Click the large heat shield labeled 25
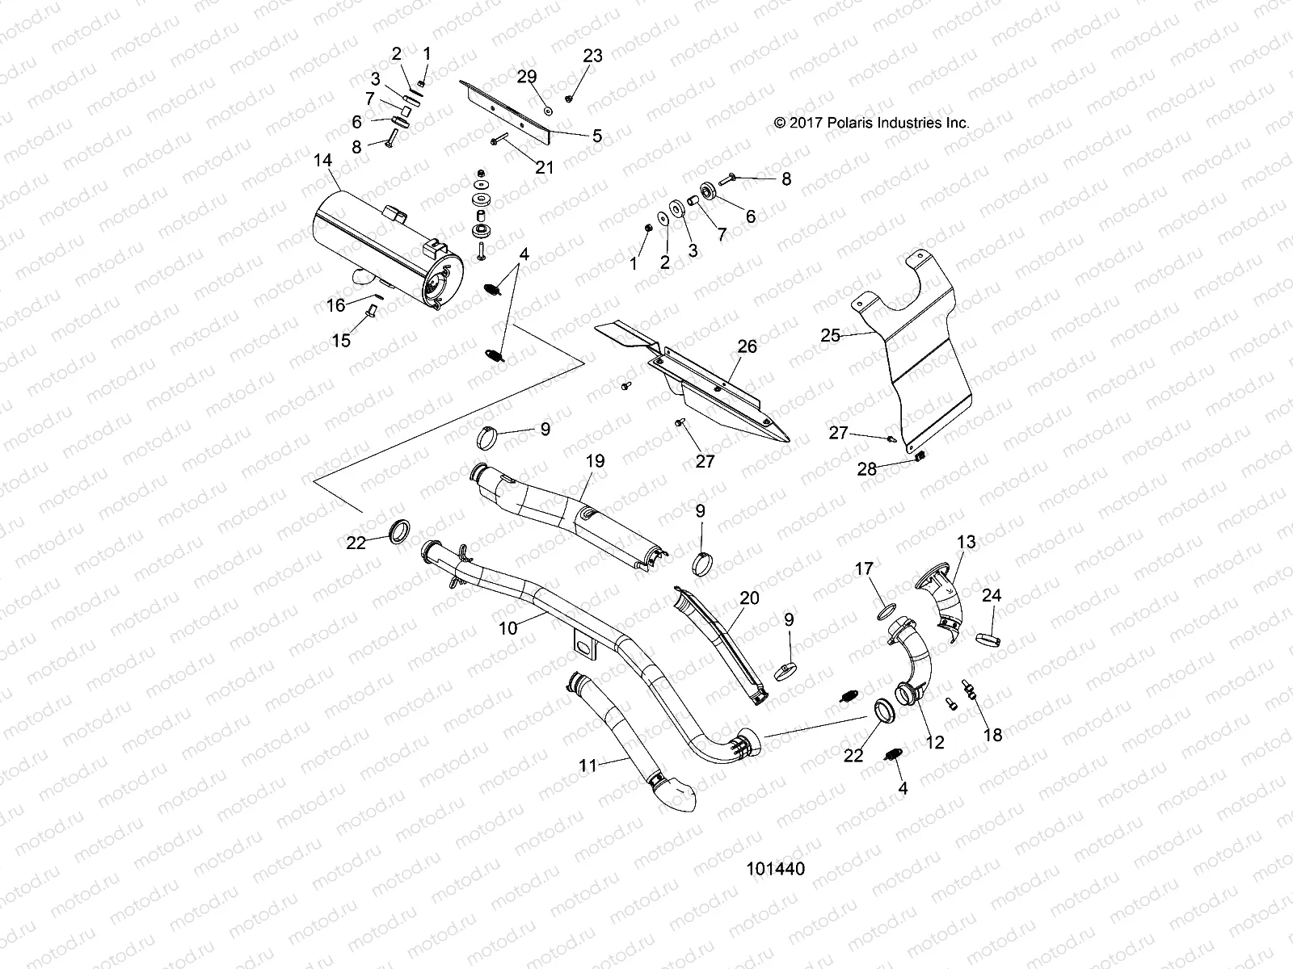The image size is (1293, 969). click(929, 355)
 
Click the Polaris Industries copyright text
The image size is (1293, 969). click(871, 124)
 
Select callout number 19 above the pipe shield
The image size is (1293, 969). click(595, 461)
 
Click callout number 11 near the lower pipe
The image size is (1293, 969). click(588, 765)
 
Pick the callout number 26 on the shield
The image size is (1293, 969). click(748, 346)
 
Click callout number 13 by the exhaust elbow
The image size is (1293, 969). click(967, 541)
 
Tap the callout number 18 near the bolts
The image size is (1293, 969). click(992, 734)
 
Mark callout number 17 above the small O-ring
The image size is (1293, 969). click(864, 569)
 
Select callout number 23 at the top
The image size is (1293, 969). click(593, 56)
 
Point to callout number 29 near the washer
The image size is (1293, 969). click(527, 77)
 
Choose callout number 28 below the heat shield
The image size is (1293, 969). click(866, 468)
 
